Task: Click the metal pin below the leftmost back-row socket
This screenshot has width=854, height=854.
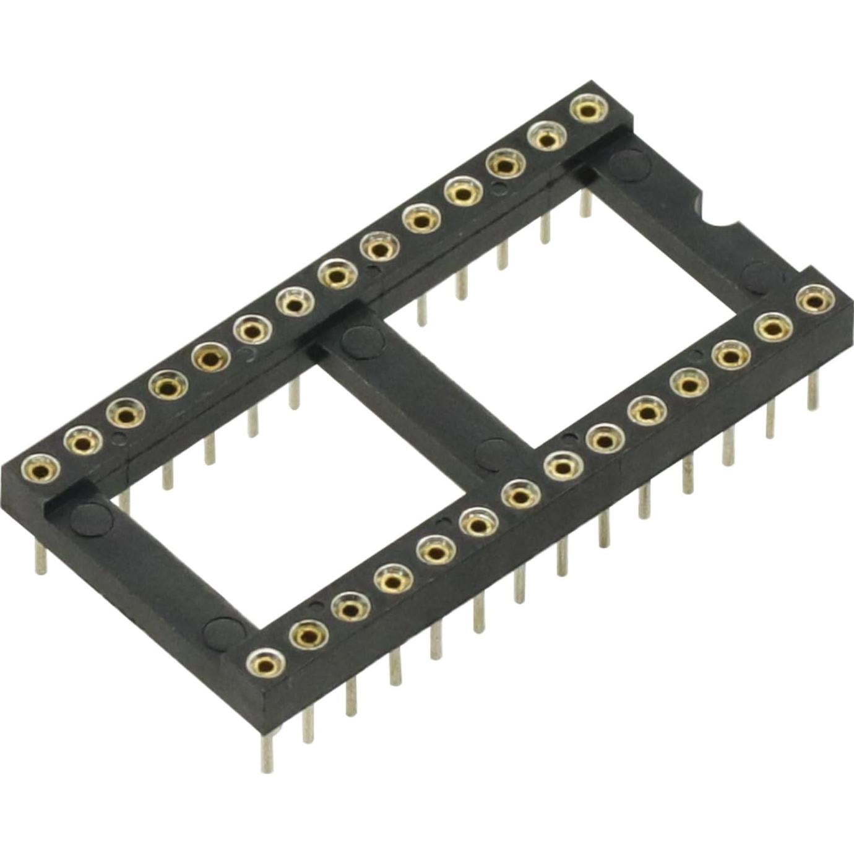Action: [x=41, y=557]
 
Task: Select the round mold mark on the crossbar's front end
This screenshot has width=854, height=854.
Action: [x=496, y=451]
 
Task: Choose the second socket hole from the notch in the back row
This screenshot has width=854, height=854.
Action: [x=545, y=138]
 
